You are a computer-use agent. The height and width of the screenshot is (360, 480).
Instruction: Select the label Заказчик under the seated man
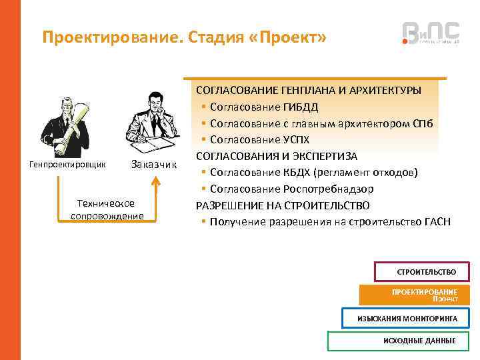pyautogui.click(x=153, y=164)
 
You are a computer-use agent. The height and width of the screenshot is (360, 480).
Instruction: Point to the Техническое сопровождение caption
pyautogui.click(x=106, y=209)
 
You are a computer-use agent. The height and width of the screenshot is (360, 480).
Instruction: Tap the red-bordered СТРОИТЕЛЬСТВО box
pyautogui.click(x=426, y=272)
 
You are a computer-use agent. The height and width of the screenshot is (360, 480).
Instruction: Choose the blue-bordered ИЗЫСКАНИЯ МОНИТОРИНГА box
pyautogui.click(x=407, y=319)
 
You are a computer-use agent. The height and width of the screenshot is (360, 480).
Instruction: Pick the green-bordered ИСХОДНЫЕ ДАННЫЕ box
pyautogui.click(x=403, y=341)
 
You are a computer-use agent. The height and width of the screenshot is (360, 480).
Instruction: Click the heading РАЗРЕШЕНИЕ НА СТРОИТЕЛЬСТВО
pyautogui.click(x=283, y=205)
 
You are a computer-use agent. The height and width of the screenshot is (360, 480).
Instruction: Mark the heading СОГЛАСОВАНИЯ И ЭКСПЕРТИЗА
pyautogui.click(x=276, y=156)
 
